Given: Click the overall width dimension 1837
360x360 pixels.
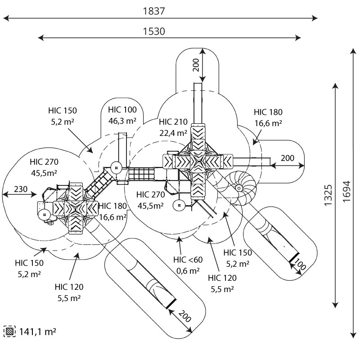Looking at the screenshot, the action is coord(154,11).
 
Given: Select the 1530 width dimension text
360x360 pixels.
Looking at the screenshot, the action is coord(154,31).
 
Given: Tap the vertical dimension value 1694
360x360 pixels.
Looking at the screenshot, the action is coord(346,192).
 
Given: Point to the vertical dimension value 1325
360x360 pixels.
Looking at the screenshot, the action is coord(328,195).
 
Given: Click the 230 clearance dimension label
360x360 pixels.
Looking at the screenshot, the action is coord(21,189).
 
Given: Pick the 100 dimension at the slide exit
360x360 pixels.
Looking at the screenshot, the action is coord(300,264).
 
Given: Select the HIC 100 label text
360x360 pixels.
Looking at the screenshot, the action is coord(122,110).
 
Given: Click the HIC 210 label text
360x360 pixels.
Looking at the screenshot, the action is coord(173,121).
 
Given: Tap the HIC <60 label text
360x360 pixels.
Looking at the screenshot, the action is coord(188,260).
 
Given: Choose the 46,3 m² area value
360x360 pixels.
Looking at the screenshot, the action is coord(122,121).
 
